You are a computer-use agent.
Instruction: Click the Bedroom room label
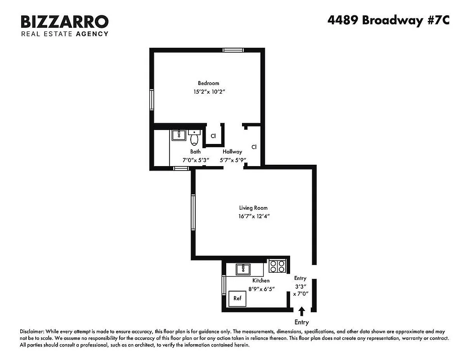point(208,83)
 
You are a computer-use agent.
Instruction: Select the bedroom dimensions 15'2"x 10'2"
point(208,91)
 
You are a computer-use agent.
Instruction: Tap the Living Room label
point(253,208)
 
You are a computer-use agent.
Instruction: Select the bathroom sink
point(179,135)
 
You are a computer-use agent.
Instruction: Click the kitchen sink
point(243,269)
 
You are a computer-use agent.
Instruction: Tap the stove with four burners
point(277,266)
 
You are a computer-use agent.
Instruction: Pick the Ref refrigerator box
point(237,298)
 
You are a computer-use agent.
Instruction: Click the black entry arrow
point(301,311)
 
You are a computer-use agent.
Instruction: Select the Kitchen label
point(260,280)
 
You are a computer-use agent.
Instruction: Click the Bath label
point(195,152)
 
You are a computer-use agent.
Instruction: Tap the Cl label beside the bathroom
point(213,135)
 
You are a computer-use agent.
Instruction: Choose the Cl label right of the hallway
point(254,147)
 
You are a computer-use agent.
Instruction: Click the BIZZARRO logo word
point(64,21)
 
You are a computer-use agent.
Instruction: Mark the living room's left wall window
point(193,212)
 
